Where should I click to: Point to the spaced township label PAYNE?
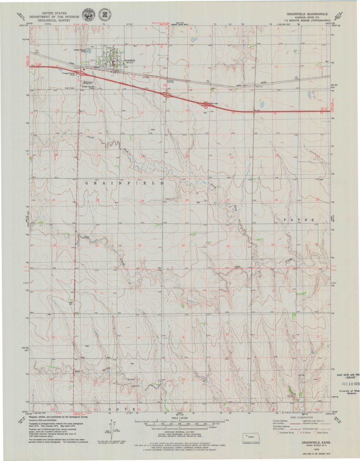299,219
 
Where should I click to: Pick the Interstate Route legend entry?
282,432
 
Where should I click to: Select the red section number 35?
273,244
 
